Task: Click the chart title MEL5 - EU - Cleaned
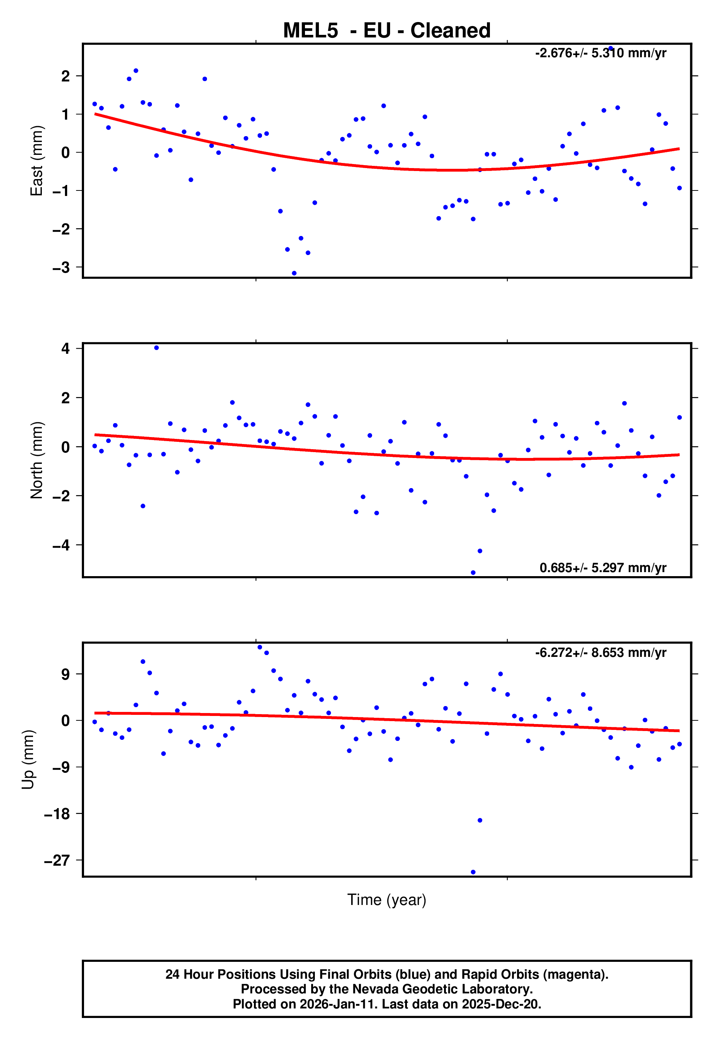pyautogui.click(x=387, y=31)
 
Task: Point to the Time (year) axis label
pyautogui.click(x=387, y=900)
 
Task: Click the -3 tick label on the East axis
pyautogui.click(x=61, y=268)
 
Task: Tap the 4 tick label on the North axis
pyautogui.click(x=66, y=349)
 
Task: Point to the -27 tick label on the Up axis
pyautogui.click(x=57, y=861)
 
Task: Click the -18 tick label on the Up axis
pyautogui.click(x=57, y=814)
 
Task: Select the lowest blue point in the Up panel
pyautogui.click(x=473, y=872)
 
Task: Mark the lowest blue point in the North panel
pyautogui.click(x=473, y=573)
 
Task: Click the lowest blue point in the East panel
pyautogui.click(x=294, y=273)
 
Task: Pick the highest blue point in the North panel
pyautogui.click(x=157, y=348)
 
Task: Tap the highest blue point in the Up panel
pyautogui.click(x=260, y=647)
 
